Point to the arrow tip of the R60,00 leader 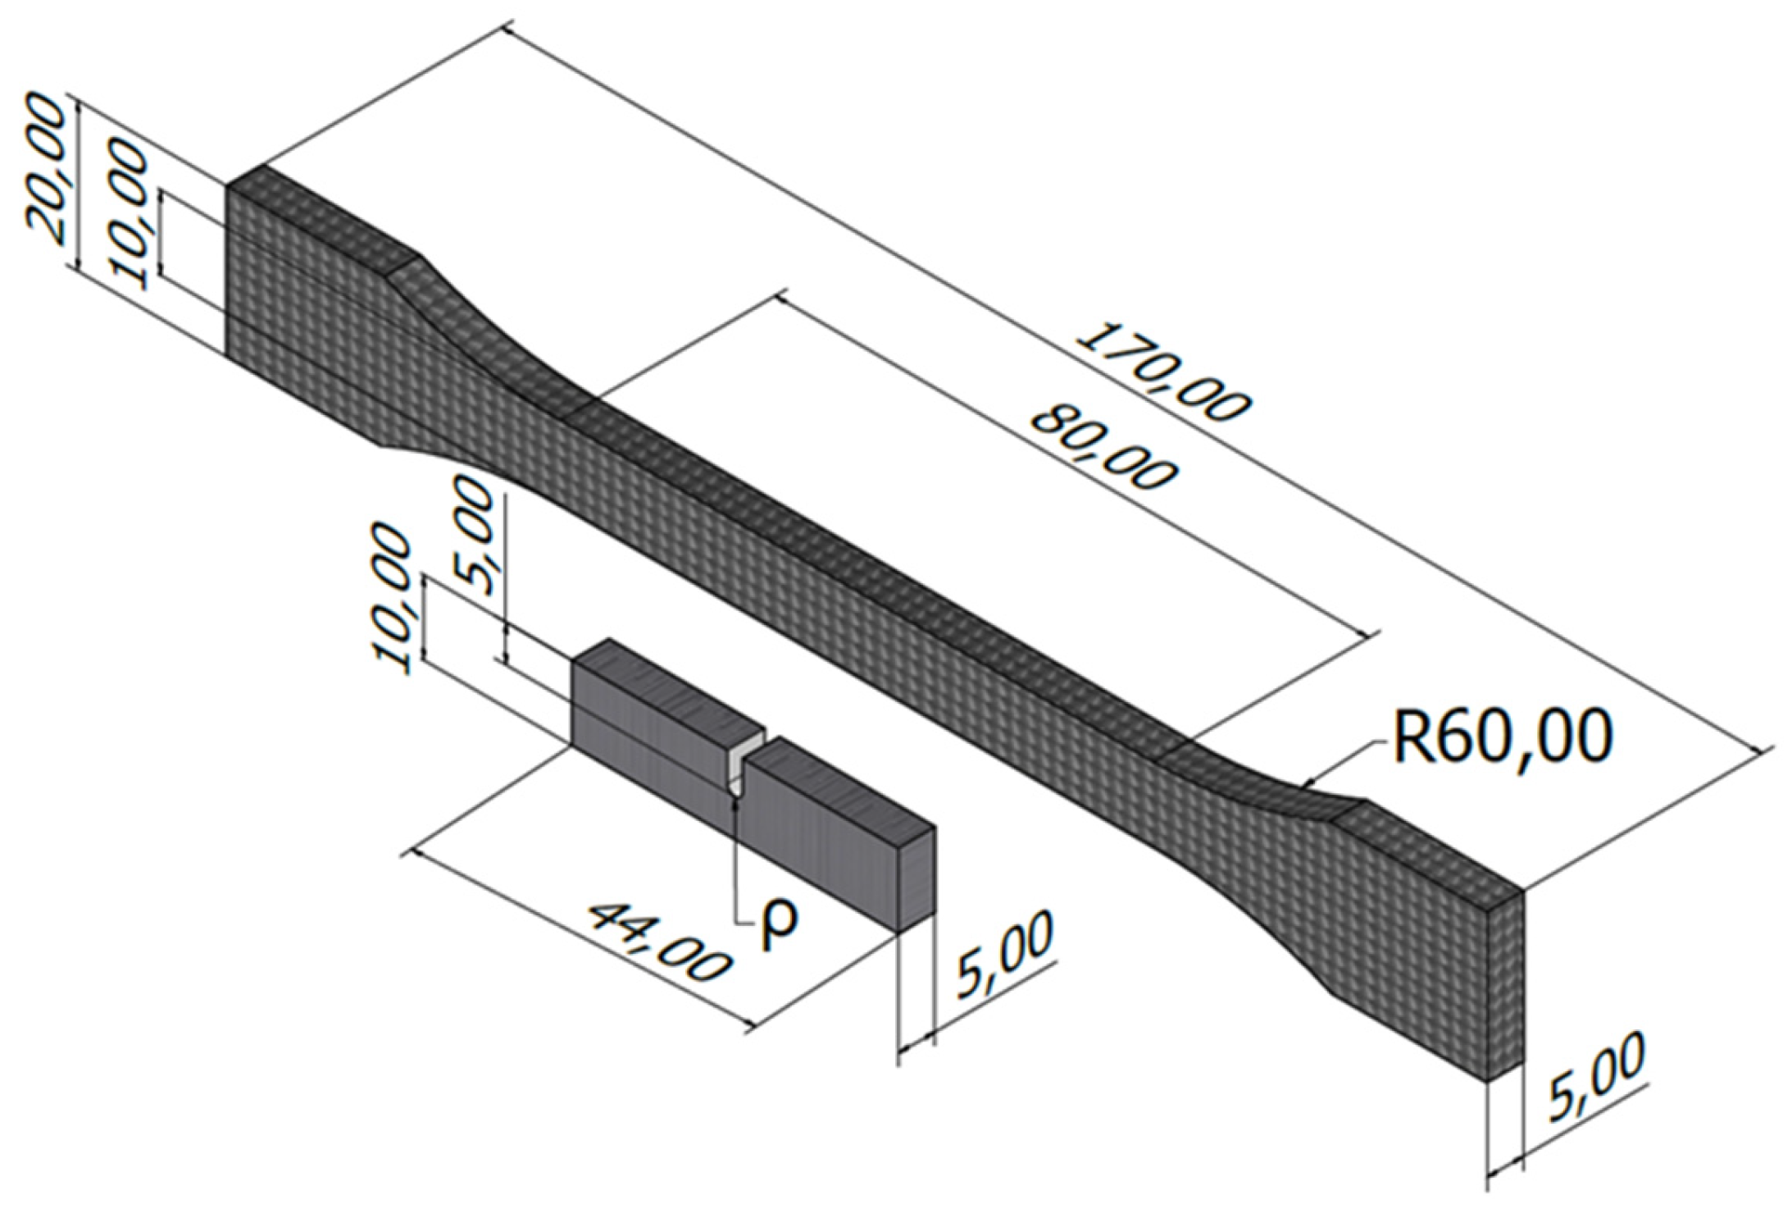tap(1303, 783)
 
